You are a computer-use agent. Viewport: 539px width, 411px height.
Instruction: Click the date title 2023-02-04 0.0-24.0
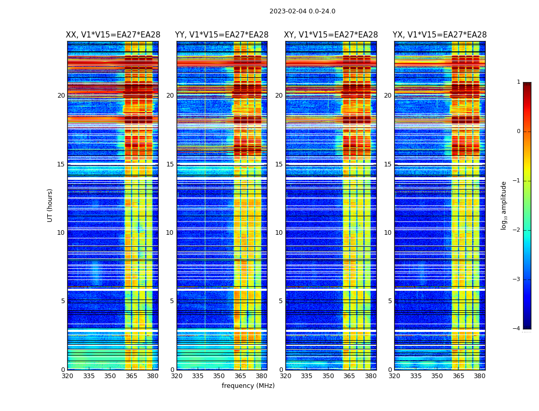click(x=302, y=11)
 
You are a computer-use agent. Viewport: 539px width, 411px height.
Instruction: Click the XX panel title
click(x=113, y=35)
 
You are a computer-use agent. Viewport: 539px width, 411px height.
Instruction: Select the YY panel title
click(x=222, y=35)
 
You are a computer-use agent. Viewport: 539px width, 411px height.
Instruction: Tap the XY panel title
click(x=331, y=35)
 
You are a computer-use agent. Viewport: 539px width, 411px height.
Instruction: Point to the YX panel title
click(x=440, y=35)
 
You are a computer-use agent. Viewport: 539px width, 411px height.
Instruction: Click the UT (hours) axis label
click(x=50, y=205)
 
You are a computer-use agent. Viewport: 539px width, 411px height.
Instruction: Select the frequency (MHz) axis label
click(x=248, y=386)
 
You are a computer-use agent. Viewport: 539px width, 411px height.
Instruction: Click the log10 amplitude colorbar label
click(x=504, y=205)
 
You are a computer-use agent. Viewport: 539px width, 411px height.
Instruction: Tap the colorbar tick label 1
click(x=518, y=82)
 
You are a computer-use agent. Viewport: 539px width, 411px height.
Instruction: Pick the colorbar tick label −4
click(x=517, y=329)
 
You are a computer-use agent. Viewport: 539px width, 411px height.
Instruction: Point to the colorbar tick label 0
click(x=518, y=132)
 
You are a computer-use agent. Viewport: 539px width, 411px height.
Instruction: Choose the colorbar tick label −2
click(x=517, y=230)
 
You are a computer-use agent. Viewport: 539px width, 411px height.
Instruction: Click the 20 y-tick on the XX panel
click(x=61, y=96)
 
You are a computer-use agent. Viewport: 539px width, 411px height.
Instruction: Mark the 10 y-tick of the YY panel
click(x=170, y=233)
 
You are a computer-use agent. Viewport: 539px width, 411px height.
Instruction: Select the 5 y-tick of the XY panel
click(x=281, y=301)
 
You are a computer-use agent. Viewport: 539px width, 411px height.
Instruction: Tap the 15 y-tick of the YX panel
click(x=388, y=164)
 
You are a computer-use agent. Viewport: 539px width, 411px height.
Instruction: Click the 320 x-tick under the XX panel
click(x=67, y=376)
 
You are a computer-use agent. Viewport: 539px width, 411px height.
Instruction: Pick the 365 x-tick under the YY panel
click(x=240, y=376)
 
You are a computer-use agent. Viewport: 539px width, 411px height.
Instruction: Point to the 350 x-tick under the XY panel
click(x=328, y=376)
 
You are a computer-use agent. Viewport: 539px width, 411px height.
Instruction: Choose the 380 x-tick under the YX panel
click(x=479, y=376)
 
